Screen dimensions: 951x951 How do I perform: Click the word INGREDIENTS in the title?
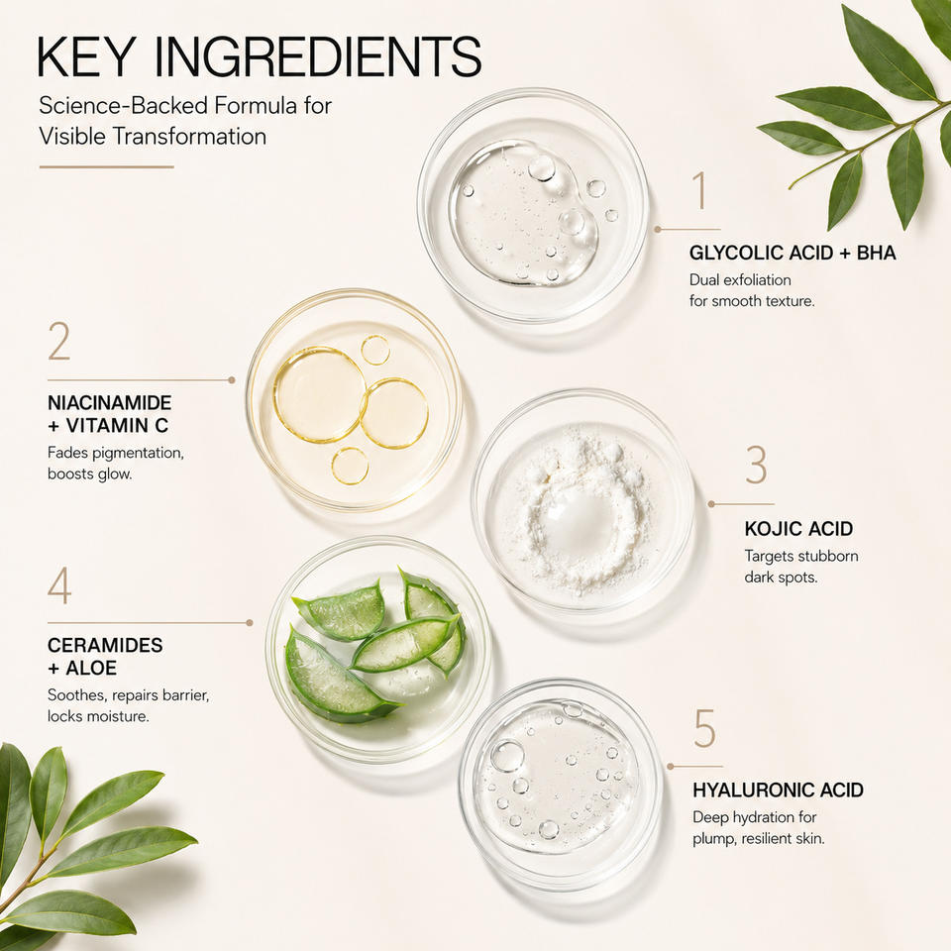coord(318,56)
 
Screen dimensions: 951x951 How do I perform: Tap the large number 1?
coord(700,190)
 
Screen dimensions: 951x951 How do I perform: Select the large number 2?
coord(59,342)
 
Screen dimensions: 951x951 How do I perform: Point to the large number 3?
coord(756,465)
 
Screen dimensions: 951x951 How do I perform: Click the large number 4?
coord(59,585)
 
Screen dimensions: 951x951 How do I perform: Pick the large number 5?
coord(704,728)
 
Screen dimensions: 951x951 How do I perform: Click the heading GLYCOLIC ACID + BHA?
coord(792,253)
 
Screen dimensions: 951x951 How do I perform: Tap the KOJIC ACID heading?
coord(798,529)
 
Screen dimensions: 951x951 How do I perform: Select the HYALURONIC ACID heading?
coord(778,791)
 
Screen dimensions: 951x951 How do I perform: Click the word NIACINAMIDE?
coord(110,403)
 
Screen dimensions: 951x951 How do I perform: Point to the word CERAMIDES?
coord(105,645)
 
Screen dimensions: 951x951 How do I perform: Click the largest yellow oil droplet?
coord(320,393)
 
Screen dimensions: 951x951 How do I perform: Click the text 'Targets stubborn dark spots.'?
coord(800,567)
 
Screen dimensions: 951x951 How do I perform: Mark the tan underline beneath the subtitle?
coord(107,166)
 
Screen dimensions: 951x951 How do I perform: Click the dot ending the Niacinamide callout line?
coord(232,380)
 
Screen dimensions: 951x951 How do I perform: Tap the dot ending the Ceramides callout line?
coord(250,622)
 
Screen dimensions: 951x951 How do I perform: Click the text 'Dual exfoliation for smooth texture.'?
coord(752,290)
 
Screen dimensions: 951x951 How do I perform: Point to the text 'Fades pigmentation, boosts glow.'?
coord(115,464)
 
